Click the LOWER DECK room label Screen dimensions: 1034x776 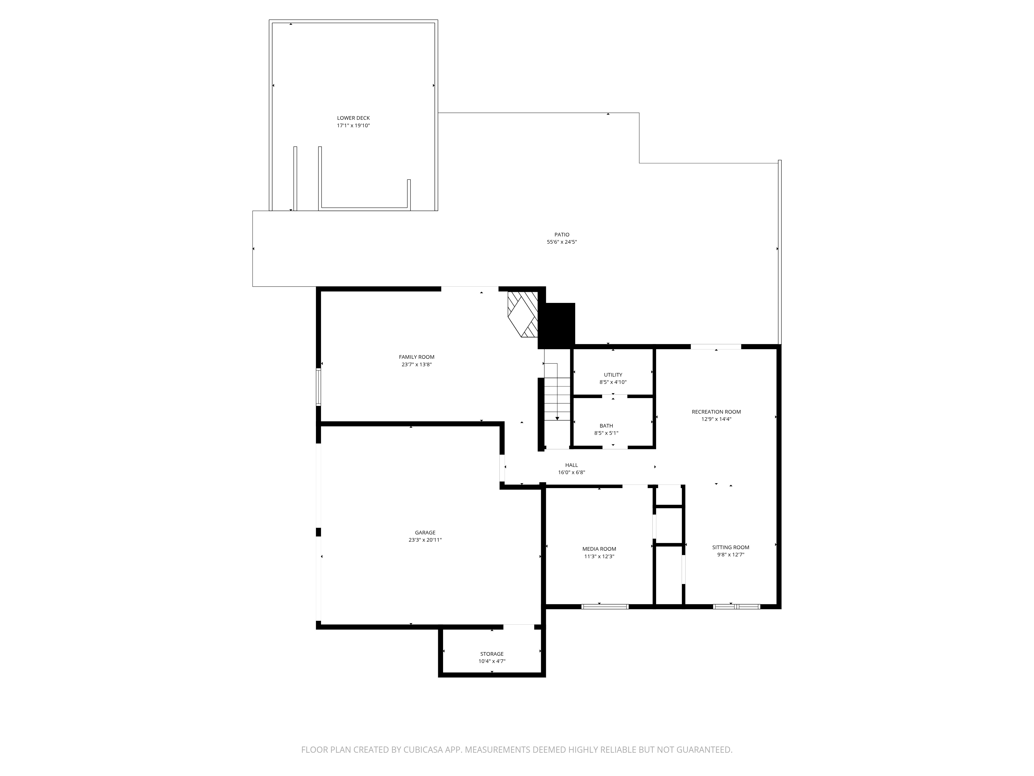pos(353,118)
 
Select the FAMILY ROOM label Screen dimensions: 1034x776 pos(416,357)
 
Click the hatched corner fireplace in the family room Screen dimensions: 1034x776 pos(523,314)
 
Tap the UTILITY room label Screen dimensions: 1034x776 pos(613,375)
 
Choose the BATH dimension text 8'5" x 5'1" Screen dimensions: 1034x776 pos(606,433)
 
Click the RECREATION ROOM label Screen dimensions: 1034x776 pos(716,412)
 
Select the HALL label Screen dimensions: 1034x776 pos(571,465)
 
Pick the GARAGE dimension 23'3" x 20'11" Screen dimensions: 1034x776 pos(425,540)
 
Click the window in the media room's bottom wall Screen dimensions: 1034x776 pos(605,607)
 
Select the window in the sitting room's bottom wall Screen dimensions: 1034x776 pos(737,607)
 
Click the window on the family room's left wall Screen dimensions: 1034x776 pos(318,386)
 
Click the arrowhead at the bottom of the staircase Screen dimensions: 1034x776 pos(557,418)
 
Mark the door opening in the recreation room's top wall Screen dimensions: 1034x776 pos(716,347)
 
